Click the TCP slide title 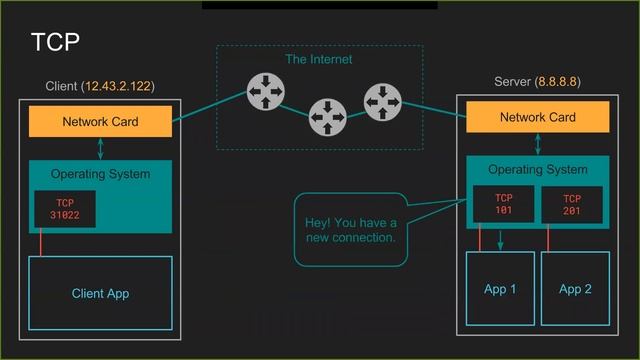pyautogui.click(x=55, y=42)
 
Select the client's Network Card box pyautogui.click(x=100, y=122)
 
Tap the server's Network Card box pyautogui.click(x=537, y=117)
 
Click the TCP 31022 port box pyautogui.click(x=65, y=208)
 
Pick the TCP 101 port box pyautogui.click(x=503, y=204)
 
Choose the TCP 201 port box pyautogui.click(x=571, y=204)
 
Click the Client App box pyautogui.click(x=100, y=293)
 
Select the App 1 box pyautogui.click(x=500, y=289)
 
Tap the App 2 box pyautogui.click(x=575, y=289)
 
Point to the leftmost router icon pyautogui.click(x=266, y=94)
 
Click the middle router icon pyautogui.click(x=326, y=117)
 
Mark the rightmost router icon pyautogui.click(x=382, y=101)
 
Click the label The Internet pyautogui.click(x=318, y=59)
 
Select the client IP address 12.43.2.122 pyautogui.click(x=119, y=86)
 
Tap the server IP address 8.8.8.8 pyautogui.click(x=558, y=81)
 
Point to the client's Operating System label pyautogui.click(x=100, y=174)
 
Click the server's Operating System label pyautogui.click(x=537, y=169)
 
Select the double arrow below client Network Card pyautogui.click(x=100, y=148)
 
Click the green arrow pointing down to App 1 pyautogui.click(x=501, y=239)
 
